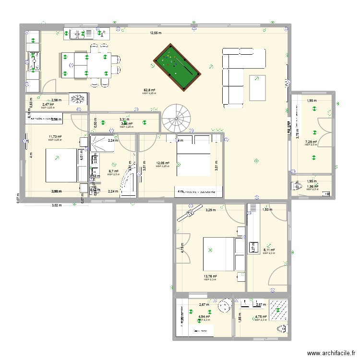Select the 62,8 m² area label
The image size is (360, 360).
coord(149,90)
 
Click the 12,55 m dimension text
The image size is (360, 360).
coord(156,33)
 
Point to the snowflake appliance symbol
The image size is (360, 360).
coord(77,99)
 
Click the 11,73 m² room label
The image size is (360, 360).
coord(55,137)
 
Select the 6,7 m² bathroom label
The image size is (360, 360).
coord(113,171)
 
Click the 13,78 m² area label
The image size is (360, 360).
coord(210,276)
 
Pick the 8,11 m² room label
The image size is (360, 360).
coord(269,250)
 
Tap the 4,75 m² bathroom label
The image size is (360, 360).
coord(261,317)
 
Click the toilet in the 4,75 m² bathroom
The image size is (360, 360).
coord(282,330)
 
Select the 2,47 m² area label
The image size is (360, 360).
coord(48,104)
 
